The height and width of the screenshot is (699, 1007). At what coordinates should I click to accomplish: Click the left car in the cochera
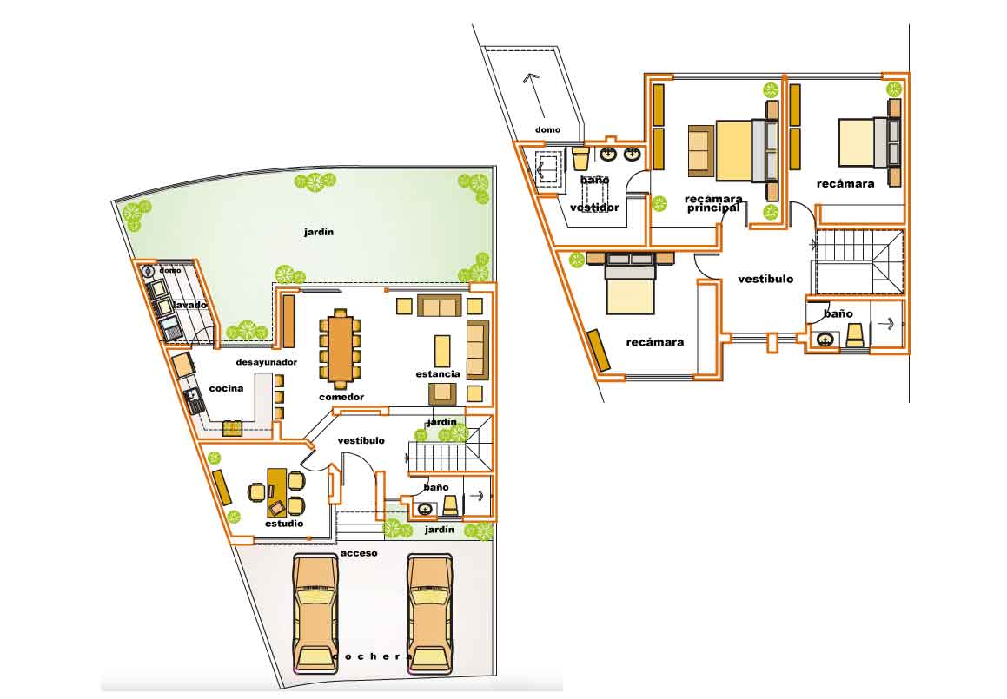click(315, 612)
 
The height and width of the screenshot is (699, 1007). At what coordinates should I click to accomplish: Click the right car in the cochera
click(429, 612)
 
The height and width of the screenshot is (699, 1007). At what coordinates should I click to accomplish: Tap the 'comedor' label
click(341, 397)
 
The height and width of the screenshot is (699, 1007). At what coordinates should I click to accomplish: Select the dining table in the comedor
click(340, 350)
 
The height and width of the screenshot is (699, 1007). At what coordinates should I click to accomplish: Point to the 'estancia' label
click(438, 373)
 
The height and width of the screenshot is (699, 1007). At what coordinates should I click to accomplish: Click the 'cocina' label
click(226, 388)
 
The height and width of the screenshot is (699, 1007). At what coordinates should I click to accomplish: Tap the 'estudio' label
click(284, 524)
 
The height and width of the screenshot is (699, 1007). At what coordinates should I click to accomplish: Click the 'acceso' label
click(358, 552)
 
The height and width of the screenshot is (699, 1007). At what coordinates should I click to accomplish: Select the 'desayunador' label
click(267, 362)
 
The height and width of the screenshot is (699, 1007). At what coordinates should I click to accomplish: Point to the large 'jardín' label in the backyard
click(319, 232)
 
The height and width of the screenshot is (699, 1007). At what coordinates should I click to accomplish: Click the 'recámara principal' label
click(712, 202)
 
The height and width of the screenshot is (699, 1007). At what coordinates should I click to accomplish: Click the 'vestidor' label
click(594, 208)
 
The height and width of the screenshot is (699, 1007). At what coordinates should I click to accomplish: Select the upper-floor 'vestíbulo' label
click(765, 280)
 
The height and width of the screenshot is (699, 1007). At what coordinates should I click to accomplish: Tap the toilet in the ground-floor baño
click(451, 504)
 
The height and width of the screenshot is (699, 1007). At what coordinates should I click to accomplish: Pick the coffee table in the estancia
click(443, 351)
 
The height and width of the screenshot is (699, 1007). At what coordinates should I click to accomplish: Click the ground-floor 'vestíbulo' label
click(361, 440)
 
